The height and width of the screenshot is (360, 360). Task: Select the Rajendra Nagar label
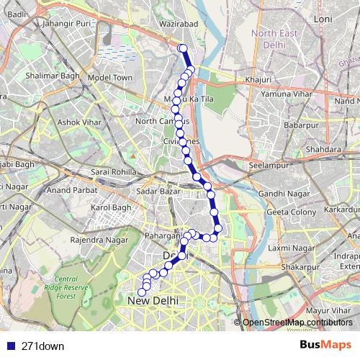tap(98, 239)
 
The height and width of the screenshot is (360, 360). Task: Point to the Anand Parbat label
tap(69, 191)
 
